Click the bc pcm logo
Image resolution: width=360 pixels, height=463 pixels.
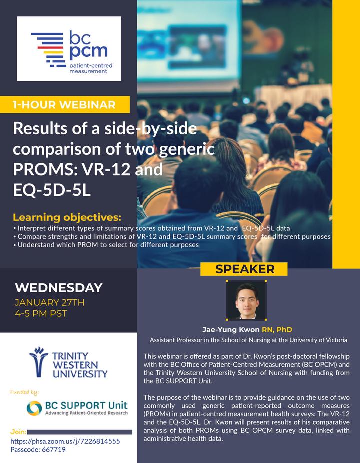coord(69,48)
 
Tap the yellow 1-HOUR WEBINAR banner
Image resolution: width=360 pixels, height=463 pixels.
coord(64,105)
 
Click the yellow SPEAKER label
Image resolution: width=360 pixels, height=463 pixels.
coord(244,269)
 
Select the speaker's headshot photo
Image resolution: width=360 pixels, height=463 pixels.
coord(246,300)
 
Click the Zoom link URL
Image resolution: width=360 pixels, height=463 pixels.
coord(65,441)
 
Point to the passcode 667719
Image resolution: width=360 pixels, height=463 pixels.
coord(38,450)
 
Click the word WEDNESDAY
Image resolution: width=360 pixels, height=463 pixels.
coord(59,288)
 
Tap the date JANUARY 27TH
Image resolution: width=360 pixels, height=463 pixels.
coord(49,302)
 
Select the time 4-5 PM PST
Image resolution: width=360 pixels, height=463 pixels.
coord(41,313)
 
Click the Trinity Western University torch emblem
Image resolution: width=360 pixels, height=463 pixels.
coord(38,362)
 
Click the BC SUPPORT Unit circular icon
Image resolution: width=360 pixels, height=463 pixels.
coord(34,408)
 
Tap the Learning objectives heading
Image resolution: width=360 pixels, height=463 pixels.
coord(67,217)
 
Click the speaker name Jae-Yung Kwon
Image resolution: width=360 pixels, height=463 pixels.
coord(231,330)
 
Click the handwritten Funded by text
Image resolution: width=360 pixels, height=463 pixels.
coord(24,392)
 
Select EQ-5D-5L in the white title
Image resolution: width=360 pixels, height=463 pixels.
coord(52,190)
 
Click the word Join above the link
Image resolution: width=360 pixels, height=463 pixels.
coord(18,432)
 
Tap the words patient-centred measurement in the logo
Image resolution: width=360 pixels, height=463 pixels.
coord(91,68)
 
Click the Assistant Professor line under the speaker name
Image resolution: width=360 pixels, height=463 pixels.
coord(248,340)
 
